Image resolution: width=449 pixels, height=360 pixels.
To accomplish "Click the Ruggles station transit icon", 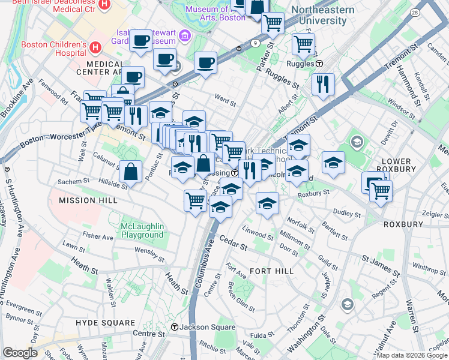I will pyautogui.click(x=319, y=64).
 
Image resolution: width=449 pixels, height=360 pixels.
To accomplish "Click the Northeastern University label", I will pyautogui.click(x=318, y=15).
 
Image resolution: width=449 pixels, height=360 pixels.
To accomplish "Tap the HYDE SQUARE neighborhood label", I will pyautogui.click(x=106, y=323).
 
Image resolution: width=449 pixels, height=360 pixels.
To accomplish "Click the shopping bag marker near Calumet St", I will pyautogui.click(x=131, y=172).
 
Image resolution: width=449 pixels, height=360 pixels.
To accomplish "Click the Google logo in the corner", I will pyautogui.click(x=20, y=353).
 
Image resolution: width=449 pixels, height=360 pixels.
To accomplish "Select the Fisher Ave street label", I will pyautogui.click(x=98, y=237).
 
